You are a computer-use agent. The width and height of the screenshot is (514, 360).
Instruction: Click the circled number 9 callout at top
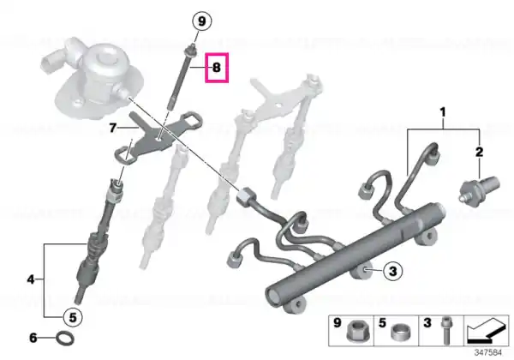(x=201, y=21)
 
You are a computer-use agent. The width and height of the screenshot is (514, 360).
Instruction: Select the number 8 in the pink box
(x=217, y=68)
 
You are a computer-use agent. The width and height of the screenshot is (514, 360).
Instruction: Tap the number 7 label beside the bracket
(x=112, y=128)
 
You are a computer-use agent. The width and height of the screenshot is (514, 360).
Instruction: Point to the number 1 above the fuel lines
(x=443, y=113)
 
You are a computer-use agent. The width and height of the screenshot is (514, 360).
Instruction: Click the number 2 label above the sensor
(x=479, y=152)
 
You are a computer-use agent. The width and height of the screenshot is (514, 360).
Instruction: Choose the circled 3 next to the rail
(x=392, y=271)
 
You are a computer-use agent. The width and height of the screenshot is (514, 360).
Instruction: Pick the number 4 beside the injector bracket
(x=31, y=279)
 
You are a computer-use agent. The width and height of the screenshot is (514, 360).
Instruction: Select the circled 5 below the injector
(x=73, y=317)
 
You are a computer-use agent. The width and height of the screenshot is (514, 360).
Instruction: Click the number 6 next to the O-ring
(x=33, y=338)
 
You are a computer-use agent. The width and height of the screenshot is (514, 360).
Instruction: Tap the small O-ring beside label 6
(x=65, y=338)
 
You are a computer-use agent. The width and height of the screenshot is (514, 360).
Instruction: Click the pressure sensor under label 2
(x=478, y=189)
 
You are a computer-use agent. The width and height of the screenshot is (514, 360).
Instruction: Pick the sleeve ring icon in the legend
(x=401, y=332)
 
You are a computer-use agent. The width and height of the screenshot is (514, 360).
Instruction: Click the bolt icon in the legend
(x=445, y=331)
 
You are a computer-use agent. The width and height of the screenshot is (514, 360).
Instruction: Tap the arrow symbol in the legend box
(x=487, y=331)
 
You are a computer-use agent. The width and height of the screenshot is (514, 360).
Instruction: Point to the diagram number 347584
(x=488, y=353)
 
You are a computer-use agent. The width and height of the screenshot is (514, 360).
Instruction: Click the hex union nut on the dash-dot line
(x=247, y=196)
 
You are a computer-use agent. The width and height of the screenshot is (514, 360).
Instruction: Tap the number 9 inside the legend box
(x=338, y=323)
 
